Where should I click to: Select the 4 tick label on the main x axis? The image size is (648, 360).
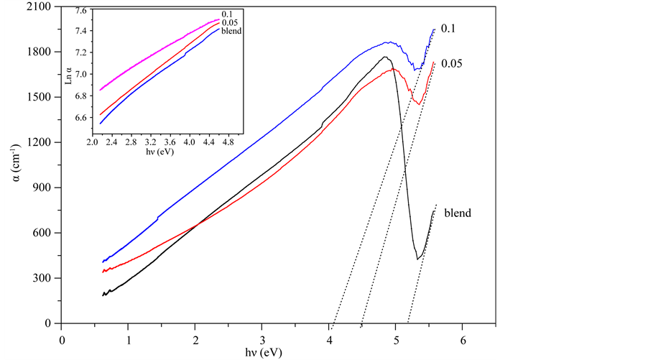[x=329, y=338]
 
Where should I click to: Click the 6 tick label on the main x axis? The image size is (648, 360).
[x=463, y=338]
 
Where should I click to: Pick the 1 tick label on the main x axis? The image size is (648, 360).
[x=129, y=338]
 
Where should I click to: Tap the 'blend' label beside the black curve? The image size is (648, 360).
[x=457, y=213]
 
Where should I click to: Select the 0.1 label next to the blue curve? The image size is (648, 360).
[x=449, y=29]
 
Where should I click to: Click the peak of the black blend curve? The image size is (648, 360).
[x=385, y=57]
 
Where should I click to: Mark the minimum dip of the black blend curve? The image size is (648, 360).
[x=417, y=259]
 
